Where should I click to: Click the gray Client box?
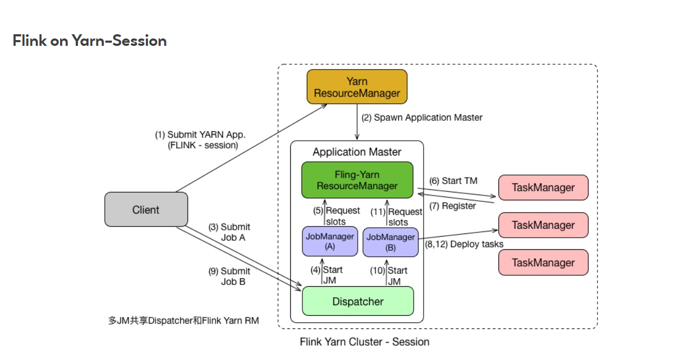click(146, 209)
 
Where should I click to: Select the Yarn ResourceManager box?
click(357, 87)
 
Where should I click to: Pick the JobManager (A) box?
click(330, 241)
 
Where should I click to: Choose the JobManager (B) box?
click(390, 242)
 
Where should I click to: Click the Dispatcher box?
click(358, 301)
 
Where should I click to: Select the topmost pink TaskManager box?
click(543, 188)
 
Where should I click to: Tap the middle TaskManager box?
click(543, 225)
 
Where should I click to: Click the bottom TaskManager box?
click(543, 262)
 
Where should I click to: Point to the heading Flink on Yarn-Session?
click(90, 41)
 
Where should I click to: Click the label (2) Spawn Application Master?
click(421, 118)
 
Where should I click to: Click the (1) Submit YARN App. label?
click(200, 140)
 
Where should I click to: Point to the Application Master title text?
click(357, 152)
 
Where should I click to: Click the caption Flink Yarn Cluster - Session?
click(365, 342)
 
